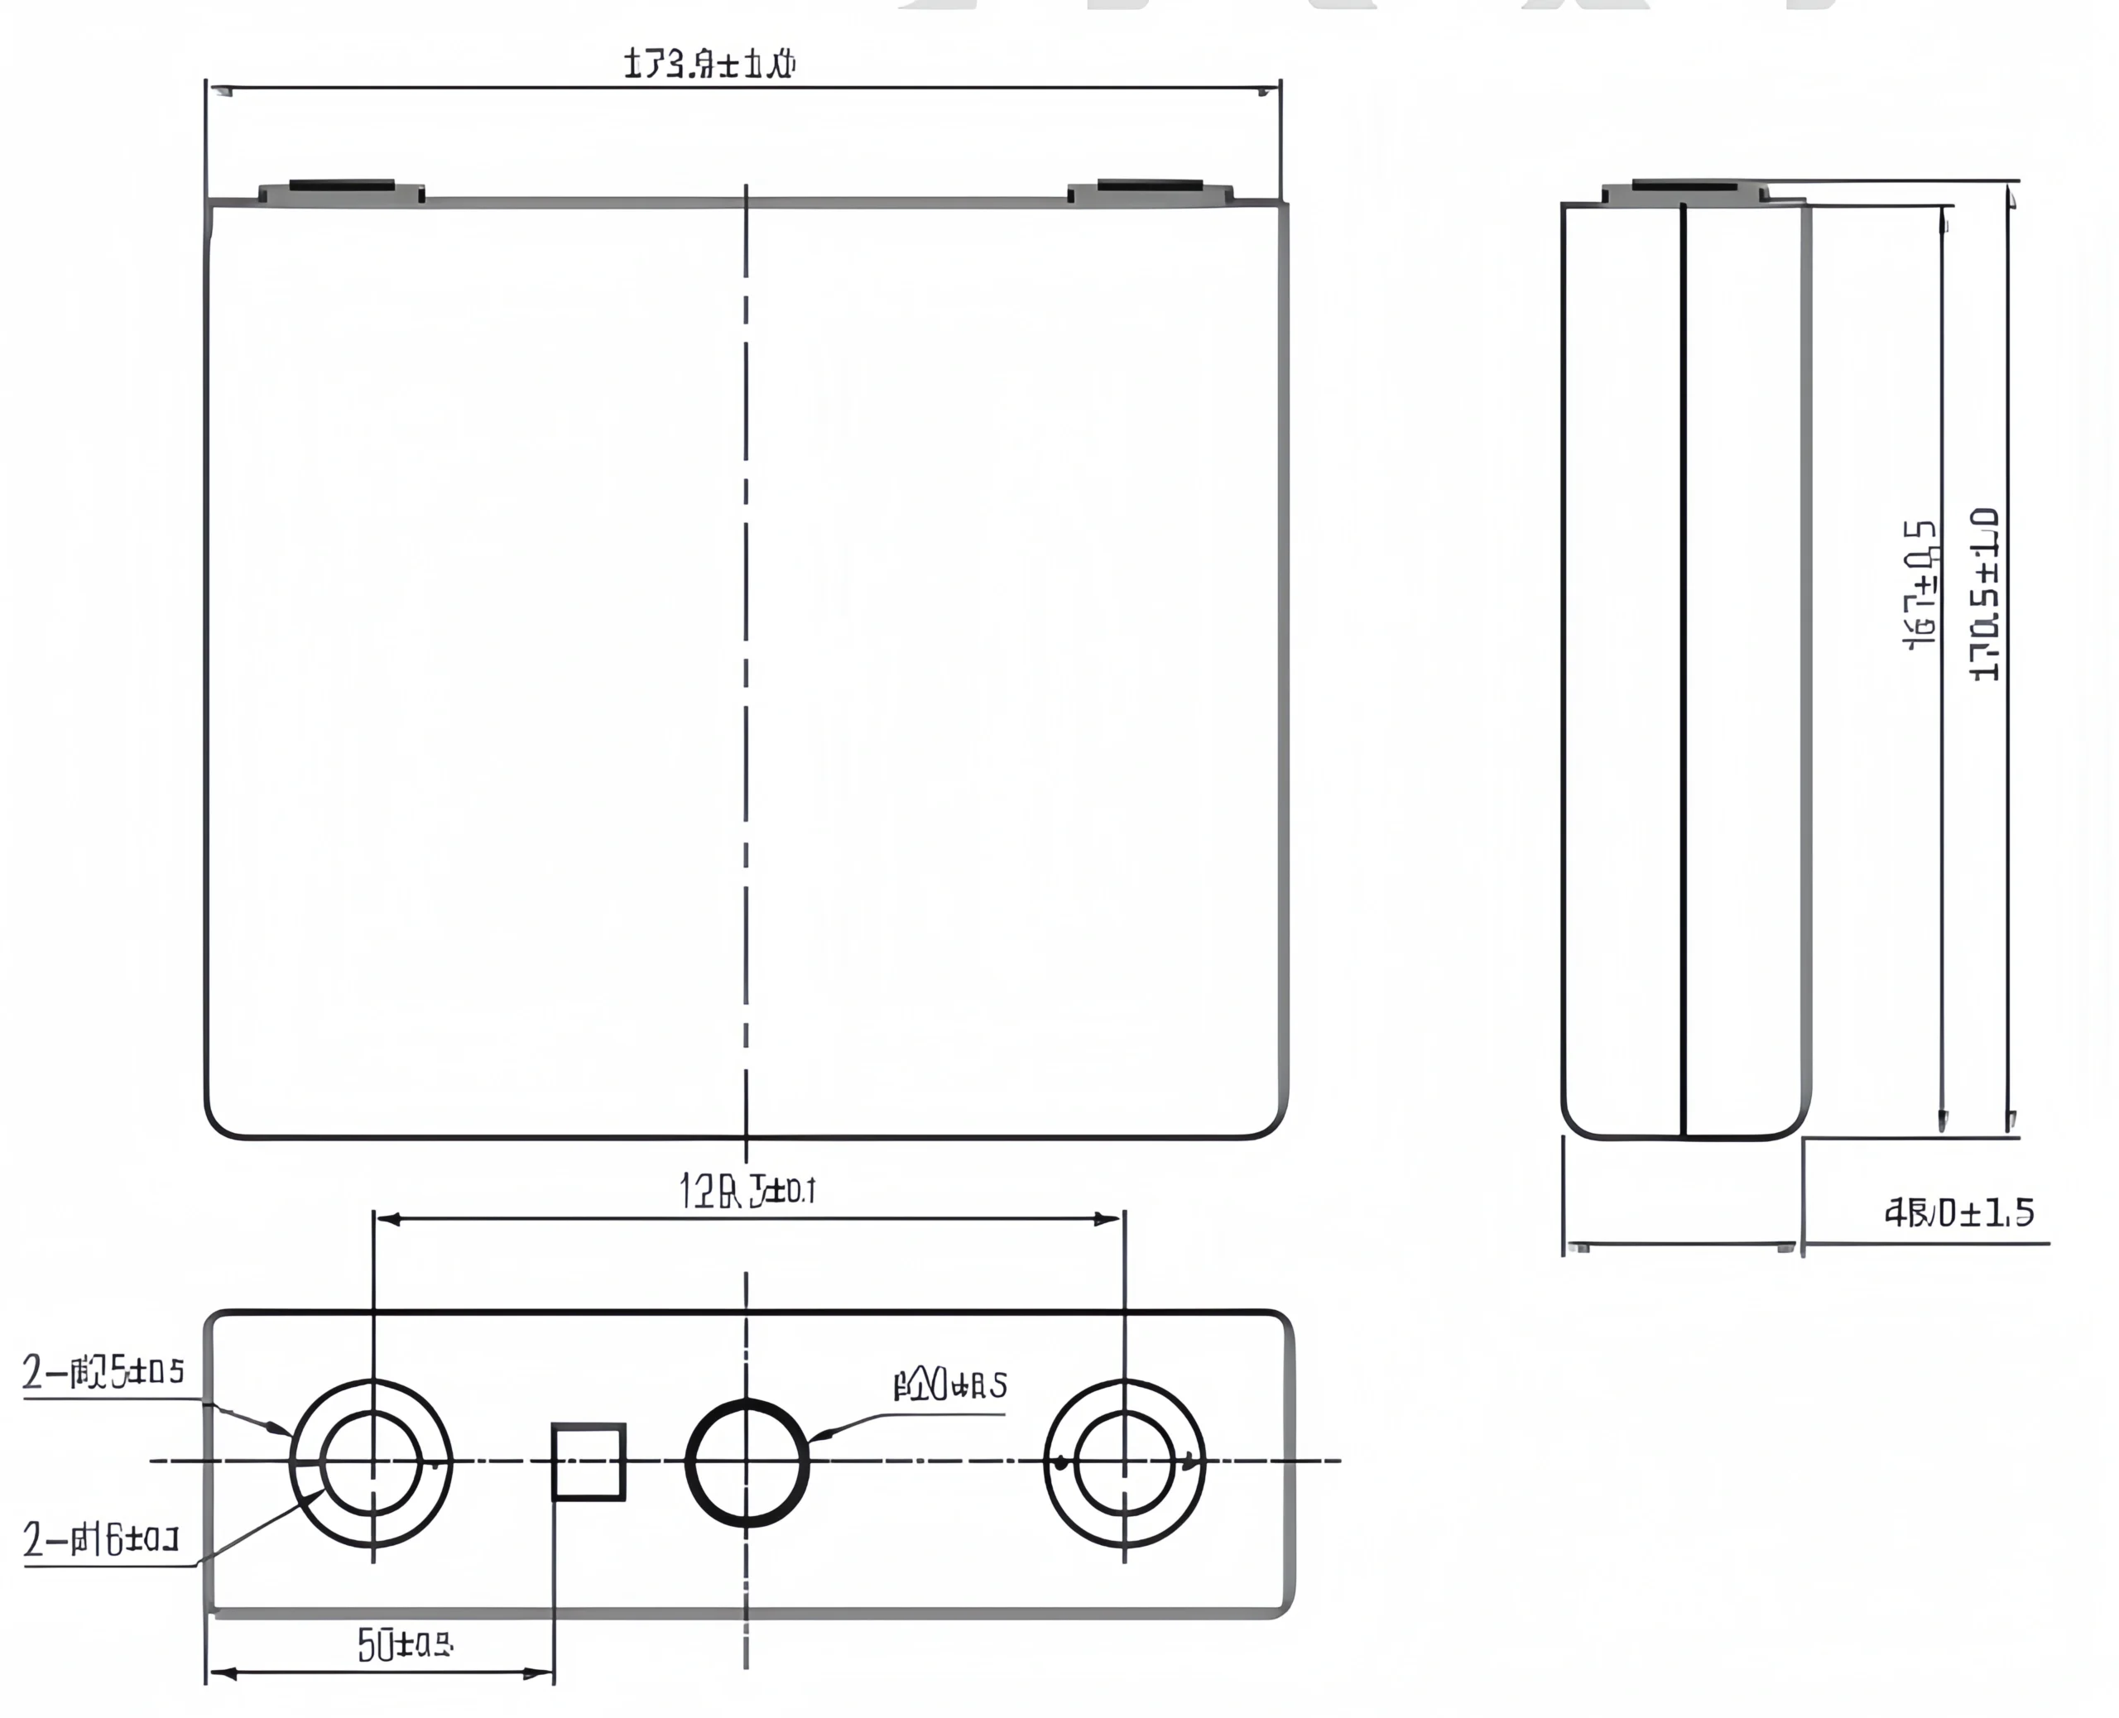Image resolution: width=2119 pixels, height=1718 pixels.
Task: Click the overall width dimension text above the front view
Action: pyautogui.click(x=709, y=65)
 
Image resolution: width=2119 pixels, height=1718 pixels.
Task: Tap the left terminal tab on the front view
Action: pyautogui.click(x=342, y=191)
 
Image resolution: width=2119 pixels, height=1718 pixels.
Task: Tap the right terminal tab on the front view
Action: pyautogui.click(x=1150, y=191)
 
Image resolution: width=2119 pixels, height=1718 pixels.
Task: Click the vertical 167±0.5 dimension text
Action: pyautogui.click(x=1921, y=585)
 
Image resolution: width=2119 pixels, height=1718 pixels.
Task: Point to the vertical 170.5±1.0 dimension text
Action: pyautogui.click(x=1984, y=595)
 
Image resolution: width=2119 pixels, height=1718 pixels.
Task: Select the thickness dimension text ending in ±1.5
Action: pyautogui.click(x=1958, y=1212)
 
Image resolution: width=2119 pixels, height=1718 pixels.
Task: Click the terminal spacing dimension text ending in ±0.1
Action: pyautogui.click(x=747, y=1191)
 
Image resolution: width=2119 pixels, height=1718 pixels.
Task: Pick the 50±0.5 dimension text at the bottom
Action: pyautogui.click(x=405, y=1645)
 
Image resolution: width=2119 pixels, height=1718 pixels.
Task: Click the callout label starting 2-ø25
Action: pyautogui.click(x=104, y=1373)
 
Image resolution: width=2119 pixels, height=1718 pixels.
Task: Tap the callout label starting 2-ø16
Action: pyautogui.click(x=101, y=1540)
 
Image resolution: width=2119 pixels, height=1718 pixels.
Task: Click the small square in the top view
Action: pyautogui.click(x=588, y=1461)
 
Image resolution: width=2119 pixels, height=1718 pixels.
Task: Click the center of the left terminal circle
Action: pyautogui.click(x=372, y=1461)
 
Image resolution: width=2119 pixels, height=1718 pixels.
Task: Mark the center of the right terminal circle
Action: pyautogui.click(x=1124, y=1461)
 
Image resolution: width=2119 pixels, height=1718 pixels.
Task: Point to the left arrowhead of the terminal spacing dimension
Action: pyautogui.click(x=388, y=1219)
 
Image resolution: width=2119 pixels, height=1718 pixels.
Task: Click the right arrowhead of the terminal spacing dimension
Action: pyautogui.click(x=1108, y=1219)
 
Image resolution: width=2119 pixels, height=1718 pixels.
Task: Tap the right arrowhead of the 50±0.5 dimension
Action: pyautogui.click(x=540, y=1673)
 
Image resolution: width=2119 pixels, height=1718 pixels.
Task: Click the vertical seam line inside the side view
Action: pyautogui.click(x=1683, y=673)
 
